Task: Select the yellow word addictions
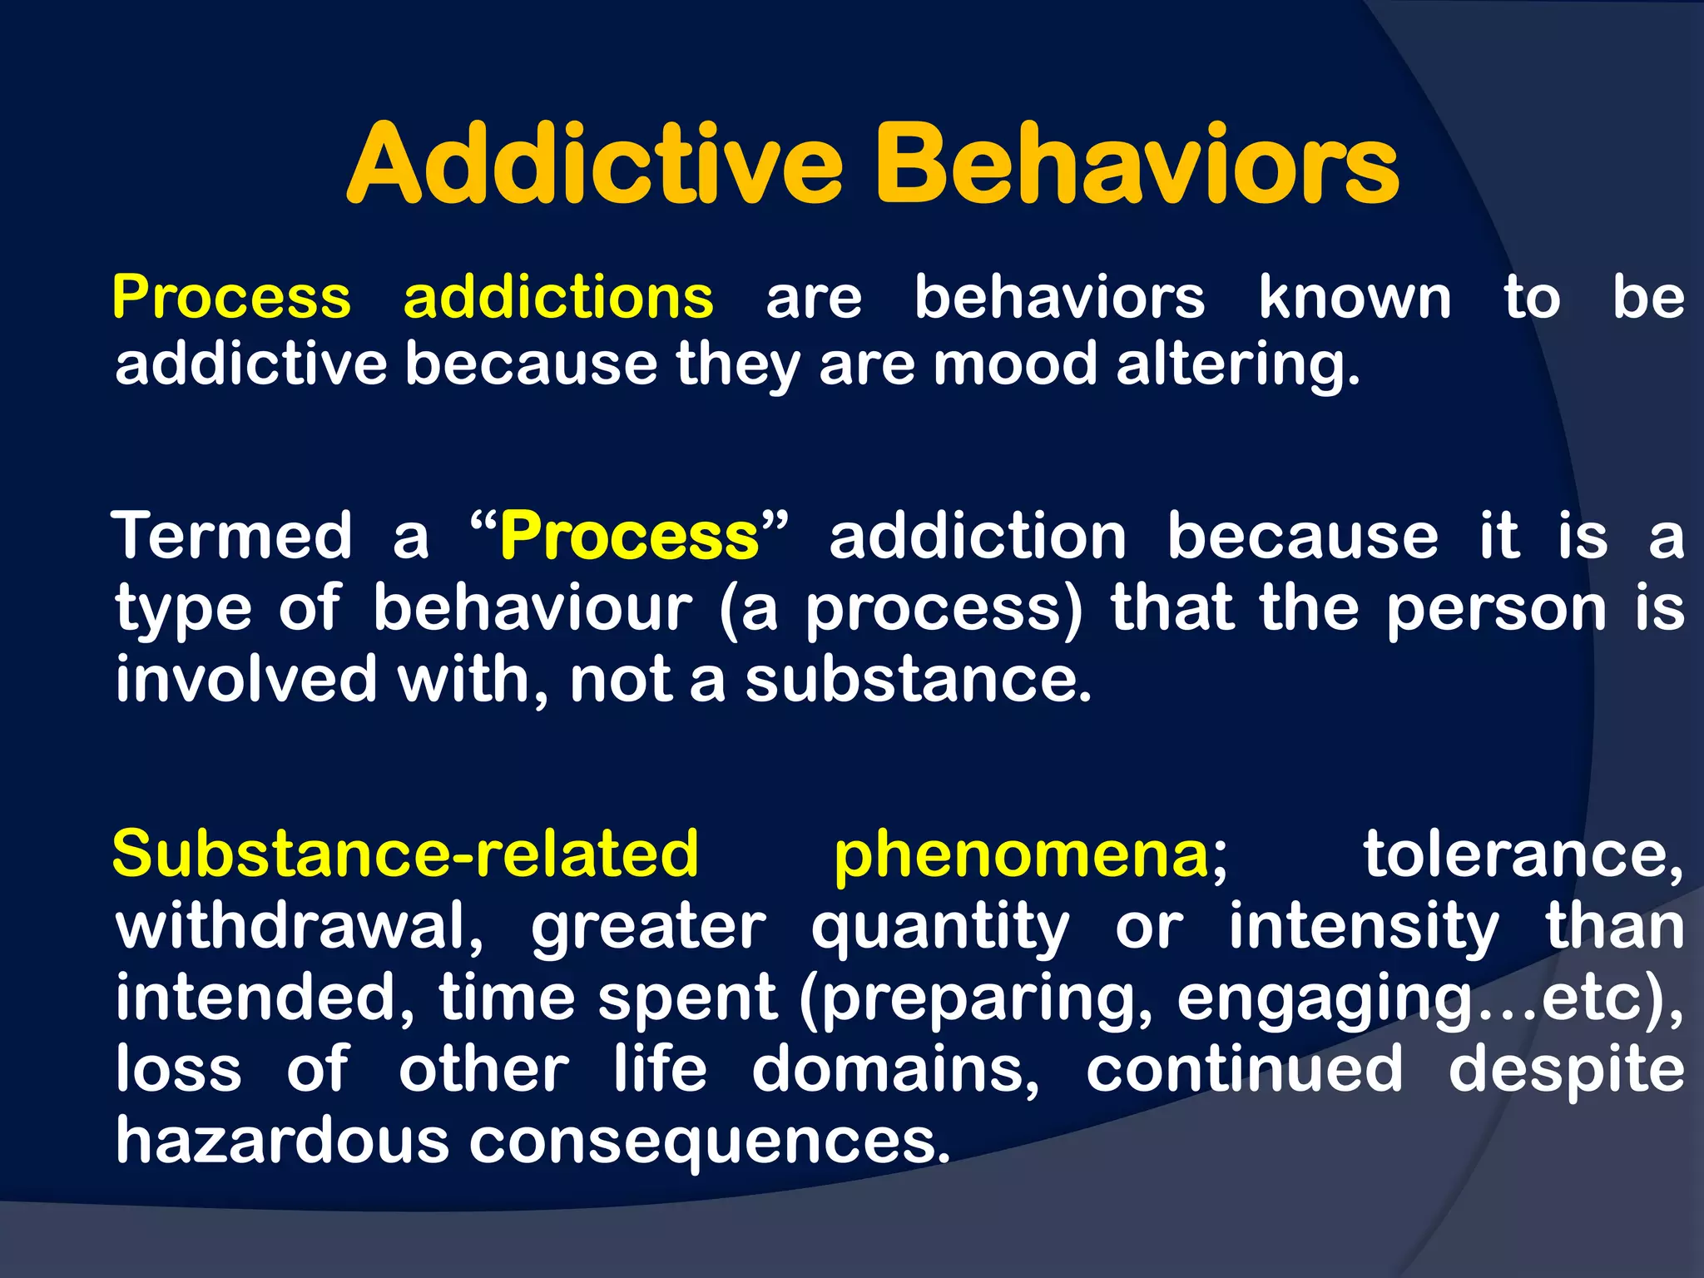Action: tap(558, 297)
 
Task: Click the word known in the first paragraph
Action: tap(1355, 297)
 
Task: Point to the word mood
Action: tap(1015, 364)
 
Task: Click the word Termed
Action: tap(233, 536)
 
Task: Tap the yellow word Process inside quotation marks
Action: tap(629, 537)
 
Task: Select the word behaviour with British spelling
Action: tap(532, 607)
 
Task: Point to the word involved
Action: tap(246, 679)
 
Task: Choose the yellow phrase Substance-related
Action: tap(405, 854)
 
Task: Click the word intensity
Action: tap(1365, 927)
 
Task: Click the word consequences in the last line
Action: tap(708, 1142)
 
